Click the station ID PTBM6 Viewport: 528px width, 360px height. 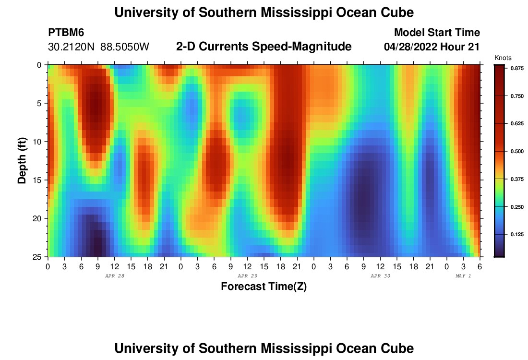66,33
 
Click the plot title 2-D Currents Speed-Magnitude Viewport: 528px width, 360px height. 264,47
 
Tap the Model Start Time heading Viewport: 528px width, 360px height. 437,33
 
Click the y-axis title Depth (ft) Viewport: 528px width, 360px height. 22,160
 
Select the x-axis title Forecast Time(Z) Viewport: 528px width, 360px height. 264,287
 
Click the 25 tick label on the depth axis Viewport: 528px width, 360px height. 37,257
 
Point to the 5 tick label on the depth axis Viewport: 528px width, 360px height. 39,103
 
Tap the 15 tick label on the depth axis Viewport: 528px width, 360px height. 37,180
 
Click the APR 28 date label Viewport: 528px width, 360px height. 114,276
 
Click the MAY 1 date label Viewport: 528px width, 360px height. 463,276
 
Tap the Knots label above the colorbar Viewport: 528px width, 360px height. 502,58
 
